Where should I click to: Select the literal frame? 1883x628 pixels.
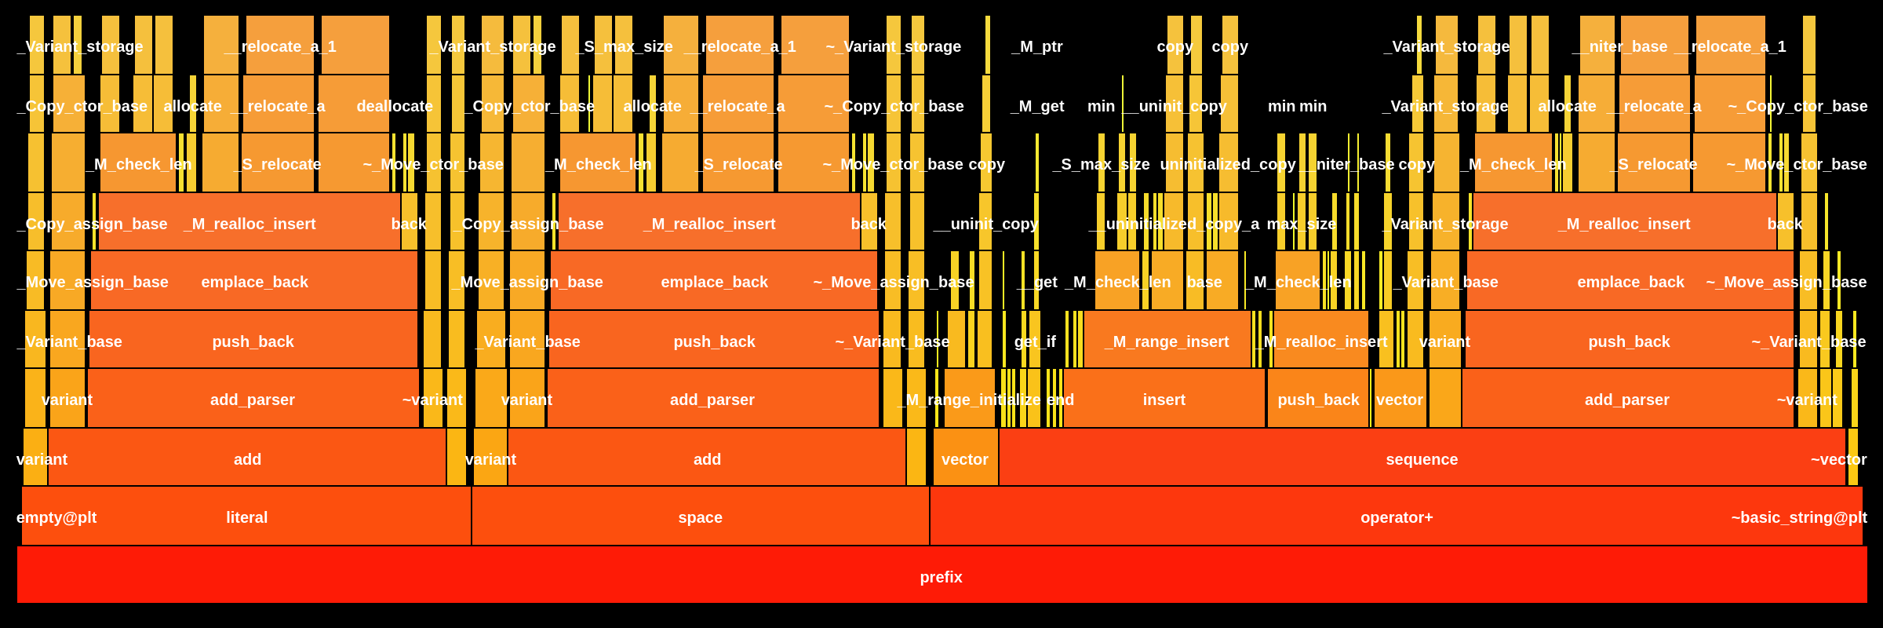tap(246, 517)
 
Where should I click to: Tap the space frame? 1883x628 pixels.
tap(700, 517)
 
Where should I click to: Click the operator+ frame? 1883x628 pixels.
tap(1397, 517)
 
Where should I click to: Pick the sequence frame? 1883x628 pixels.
tap(1422, 458)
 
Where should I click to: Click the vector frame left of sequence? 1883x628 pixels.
tap(965, 458)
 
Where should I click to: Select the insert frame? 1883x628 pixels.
tap(1164, 399)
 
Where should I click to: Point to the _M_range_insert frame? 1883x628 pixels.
tap(1167, 341)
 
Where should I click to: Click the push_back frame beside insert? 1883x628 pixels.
tap(1318, 399)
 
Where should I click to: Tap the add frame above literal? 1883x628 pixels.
tap(247, 458)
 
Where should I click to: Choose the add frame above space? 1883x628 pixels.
tap(707, 458)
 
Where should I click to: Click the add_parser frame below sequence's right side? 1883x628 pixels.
tap(1626, 399)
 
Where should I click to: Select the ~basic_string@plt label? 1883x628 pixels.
tap(1799, 517)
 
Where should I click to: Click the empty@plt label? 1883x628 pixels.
tap(56, 517)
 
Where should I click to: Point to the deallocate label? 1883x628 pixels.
tap(395, 105)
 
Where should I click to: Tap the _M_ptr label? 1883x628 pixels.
tap(1037, 46)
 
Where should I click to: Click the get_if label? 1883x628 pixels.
tap(1035, 341)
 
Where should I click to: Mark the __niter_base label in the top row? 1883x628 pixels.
tap(1620, 46)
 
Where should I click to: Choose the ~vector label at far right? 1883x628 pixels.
tap(1838, 458)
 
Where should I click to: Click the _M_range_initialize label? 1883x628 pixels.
tap(970, 399)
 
